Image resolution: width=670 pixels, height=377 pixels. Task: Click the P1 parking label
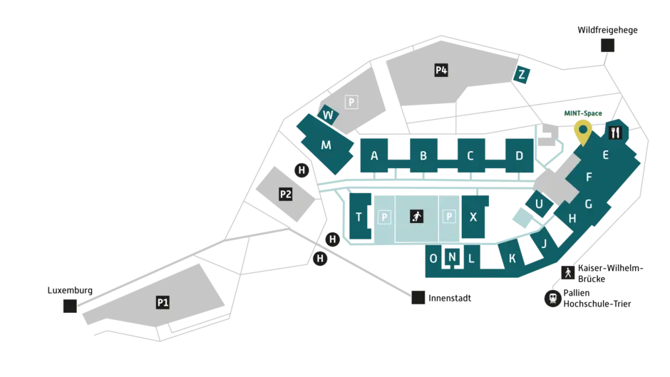163,302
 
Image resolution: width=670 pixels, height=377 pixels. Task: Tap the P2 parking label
285,194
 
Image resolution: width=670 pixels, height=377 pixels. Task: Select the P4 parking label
441,70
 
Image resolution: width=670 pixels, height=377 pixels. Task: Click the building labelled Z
522,75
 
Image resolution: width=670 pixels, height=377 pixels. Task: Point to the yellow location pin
583,130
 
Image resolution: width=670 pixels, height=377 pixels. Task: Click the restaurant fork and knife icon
615,133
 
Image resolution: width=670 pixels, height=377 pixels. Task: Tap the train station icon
552,298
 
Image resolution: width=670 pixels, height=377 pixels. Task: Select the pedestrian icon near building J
567,272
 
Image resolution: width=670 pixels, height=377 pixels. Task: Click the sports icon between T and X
417,216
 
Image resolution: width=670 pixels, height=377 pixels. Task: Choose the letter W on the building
328,115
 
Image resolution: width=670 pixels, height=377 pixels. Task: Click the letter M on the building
326,145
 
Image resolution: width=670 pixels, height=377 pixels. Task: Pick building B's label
423,155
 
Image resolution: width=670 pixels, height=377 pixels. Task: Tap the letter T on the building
359,217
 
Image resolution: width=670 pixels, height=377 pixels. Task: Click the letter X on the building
473,217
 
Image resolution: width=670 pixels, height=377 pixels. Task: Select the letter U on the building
539,204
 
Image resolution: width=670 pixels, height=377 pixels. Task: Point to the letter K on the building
512,258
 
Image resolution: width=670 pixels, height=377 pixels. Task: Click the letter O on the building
433,258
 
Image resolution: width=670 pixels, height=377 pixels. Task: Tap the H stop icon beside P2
301,170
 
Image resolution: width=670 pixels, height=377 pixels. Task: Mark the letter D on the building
519,155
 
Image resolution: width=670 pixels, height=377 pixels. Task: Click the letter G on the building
588,204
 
